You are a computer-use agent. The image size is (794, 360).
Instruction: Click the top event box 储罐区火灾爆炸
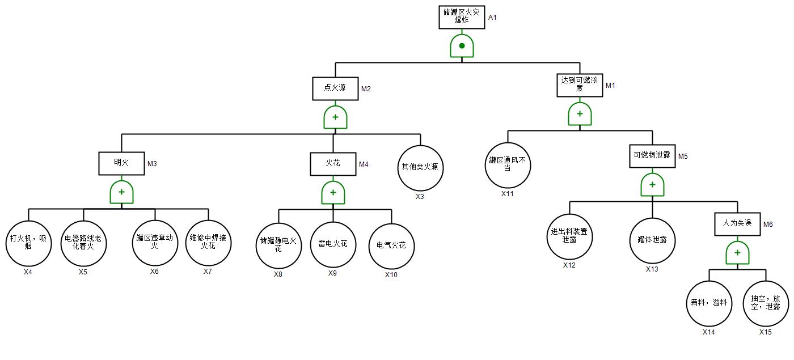[461, 17]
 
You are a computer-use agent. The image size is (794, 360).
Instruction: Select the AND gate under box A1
[462, 46]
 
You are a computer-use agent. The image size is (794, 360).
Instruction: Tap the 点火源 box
[335, 88]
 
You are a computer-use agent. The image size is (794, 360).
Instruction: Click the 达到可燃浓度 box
[579, 85]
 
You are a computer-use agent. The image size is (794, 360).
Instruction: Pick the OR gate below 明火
[121, 192]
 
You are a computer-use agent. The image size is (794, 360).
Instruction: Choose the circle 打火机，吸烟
[28, 243]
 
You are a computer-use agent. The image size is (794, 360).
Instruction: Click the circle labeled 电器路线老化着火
[83, 243]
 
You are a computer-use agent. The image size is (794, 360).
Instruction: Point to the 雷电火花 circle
[333, 245]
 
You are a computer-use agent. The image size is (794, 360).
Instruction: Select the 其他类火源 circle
[420, 168]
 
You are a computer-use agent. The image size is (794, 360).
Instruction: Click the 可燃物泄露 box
[652, 156]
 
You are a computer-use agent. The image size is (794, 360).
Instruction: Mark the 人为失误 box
[737, 224]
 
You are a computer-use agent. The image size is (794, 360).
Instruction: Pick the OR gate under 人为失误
[737, 253]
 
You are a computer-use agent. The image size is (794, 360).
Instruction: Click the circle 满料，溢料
[709, 303]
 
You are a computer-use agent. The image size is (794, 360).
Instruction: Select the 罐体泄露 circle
[652, 240]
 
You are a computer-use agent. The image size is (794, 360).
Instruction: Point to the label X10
[391, 275]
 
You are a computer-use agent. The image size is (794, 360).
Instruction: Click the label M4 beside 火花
[364, 164]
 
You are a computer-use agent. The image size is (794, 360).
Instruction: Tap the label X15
[766, 332]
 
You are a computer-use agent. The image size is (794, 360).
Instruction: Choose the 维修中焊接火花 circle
[208, 243]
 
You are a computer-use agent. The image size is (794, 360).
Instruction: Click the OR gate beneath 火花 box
[333, 193]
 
